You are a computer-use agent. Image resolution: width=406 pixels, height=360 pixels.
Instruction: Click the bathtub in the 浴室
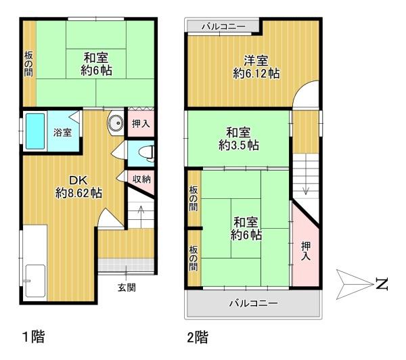point(35,131)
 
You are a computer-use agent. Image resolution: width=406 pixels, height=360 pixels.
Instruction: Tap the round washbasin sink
point(116,122)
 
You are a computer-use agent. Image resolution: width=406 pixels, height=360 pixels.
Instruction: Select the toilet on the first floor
point(148,154)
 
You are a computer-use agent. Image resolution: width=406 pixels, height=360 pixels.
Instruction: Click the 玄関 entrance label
point(127,287)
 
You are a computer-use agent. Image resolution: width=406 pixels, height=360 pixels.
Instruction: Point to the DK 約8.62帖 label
point(78,187)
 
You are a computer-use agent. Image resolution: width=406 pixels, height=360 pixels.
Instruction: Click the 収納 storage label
point(141,179)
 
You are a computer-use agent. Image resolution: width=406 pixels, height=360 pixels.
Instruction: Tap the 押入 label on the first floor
point(141,124)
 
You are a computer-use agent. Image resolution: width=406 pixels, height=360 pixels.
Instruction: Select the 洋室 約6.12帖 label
point(256,67)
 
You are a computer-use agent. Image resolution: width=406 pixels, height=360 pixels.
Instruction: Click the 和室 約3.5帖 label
point(238,139)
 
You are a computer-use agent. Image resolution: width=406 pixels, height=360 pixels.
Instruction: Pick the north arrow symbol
point(355,284)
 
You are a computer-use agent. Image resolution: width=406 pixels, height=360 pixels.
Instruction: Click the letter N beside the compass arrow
point(382,284)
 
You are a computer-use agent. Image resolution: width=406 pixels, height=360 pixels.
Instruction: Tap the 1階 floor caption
point(34,336)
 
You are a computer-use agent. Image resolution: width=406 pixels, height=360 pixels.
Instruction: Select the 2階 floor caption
point(198,337)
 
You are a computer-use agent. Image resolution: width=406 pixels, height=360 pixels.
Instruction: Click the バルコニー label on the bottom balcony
point(254,302)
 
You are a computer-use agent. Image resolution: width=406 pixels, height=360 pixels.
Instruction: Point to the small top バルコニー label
point(224,26)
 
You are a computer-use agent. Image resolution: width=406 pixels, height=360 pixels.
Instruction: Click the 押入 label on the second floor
point(306,250)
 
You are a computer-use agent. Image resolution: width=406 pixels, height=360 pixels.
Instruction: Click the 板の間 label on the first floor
point(28,64)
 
